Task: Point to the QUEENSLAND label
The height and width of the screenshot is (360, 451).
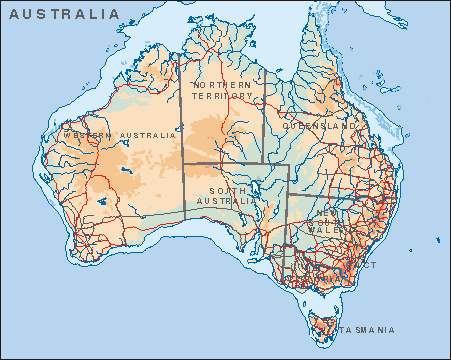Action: tap(320, 128)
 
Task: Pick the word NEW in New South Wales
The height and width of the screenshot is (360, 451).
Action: tap(324, 213)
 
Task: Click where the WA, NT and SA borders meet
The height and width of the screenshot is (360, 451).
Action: tap(181, 164)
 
